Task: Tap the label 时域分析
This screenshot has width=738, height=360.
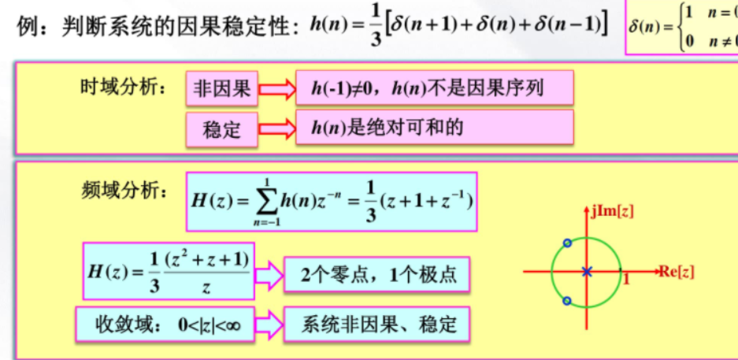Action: click(x=124, y=87)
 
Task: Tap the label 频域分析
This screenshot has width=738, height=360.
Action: click(x=124, y=190)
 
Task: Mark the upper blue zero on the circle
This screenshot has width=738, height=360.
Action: click(x=566, y=243)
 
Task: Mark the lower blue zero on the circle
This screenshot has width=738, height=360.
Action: click(x=566, y=300)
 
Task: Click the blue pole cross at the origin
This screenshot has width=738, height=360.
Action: click(x=586, y=272)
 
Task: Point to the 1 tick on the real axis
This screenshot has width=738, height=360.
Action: click(x=627, y=280)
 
